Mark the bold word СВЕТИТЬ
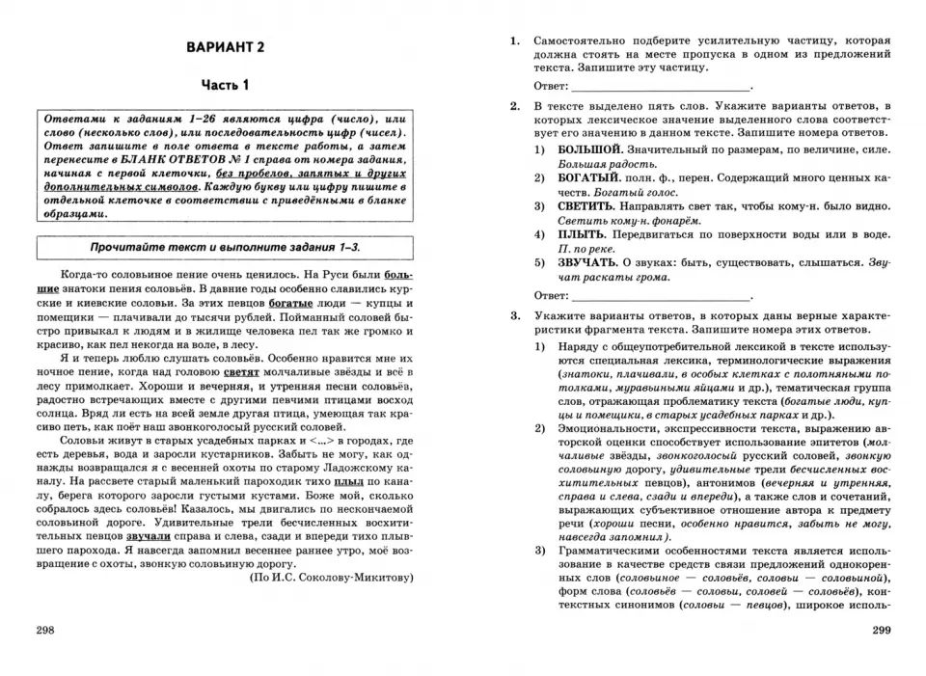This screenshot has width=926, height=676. [x=586, y=206]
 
